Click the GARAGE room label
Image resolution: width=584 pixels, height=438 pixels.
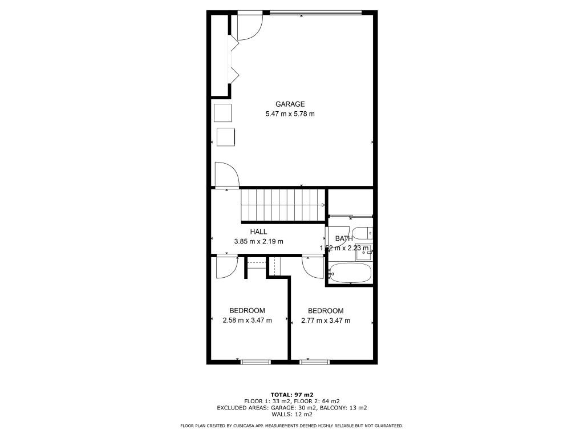[290, 104]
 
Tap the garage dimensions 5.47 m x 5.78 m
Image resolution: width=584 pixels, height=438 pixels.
[290, 114]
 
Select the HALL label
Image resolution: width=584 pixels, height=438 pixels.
[258, 232]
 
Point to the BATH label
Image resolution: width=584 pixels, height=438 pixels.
[343, 238]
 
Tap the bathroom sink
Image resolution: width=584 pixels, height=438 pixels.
[363, 253]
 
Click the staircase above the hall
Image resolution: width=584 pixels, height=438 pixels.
[282, 205]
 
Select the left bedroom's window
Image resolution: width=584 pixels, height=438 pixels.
[255, 361]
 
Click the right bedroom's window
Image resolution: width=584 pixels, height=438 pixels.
[314, 361]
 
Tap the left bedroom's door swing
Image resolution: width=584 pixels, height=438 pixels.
[227, 266]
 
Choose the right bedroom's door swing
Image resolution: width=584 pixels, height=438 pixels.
[313, 266]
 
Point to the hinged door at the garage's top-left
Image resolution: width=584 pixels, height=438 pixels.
[248, 26]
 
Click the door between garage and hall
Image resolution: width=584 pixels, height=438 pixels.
[226, 175]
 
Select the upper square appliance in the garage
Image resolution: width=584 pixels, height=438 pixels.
[223, 113]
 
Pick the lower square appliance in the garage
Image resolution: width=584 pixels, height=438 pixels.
[226, 137]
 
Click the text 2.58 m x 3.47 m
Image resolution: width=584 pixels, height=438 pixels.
[247, 321]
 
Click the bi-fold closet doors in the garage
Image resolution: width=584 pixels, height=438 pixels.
[234, 60]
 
